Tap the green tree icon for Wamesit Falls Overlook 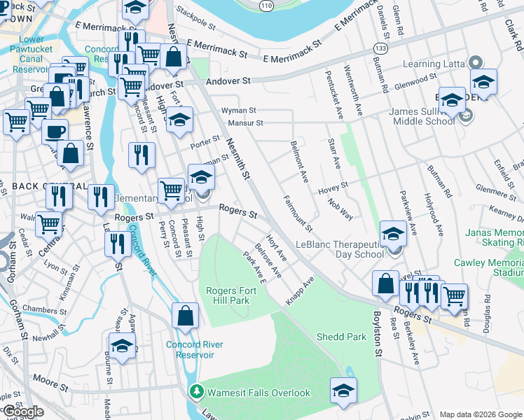(x=198, y=393)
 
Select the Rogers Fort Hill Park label (x=227, y=295)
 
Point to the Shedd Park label (x=341, y=337)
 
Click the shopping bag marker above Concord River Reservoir (x=186, y=316)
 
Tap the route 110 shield (x=264, y=6)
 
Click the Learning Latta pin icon (x=476, y=62)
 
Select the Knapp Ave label (x=300, y=290)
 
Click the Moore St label (x=46, y=382)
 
